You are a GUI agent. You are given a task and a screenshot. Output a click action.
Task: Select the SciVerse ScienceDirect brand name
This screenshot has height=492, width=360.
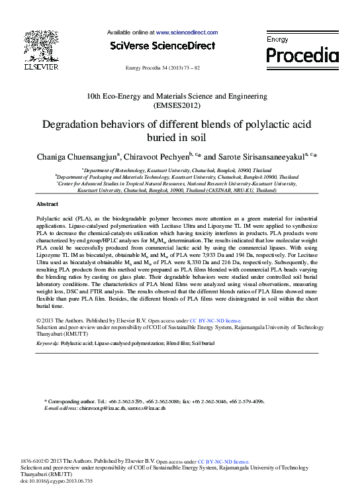tap(162, 46)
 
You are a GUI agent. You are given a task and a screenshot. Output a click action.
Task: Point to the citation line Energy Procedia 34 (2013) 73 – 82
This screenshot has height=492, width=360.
tap(162, 68)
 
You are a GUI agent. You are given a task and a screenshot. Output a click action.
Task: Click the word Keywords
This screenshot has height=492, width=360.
tap(47, 344)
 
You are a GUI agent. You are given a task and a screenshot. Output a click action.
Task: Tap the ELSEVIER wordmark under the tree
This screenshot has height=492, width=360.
tap(41, 67)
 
